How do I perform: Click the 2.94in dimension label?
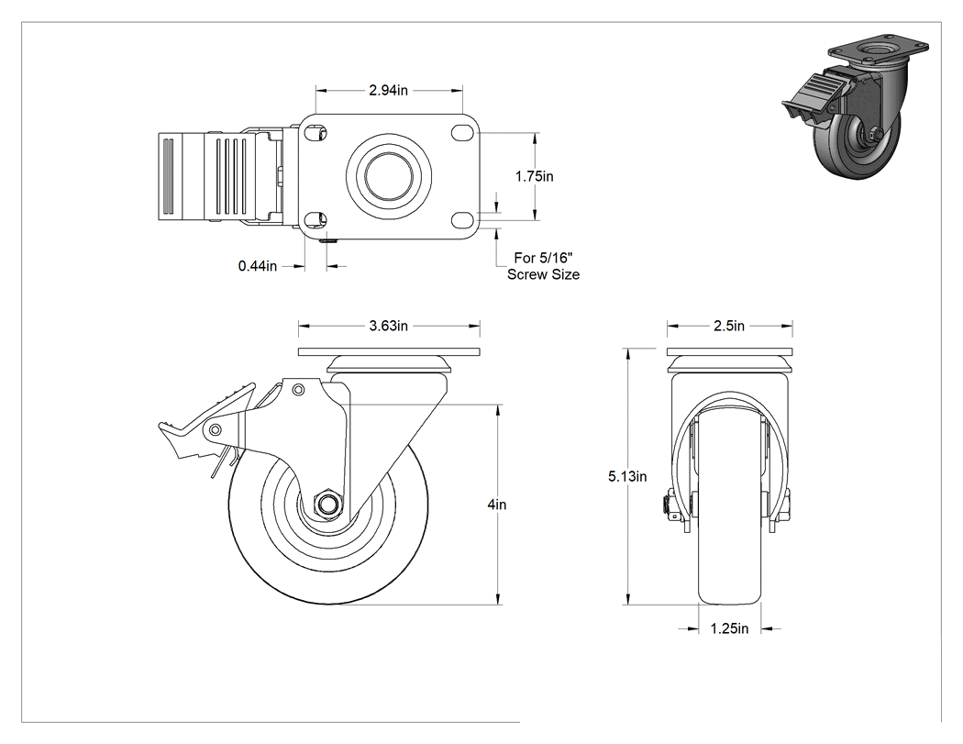(x=388, y=90)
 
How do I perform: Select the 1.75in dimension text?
(x=534, y=176)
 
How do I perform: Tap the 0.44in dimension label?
(x=258, y=266)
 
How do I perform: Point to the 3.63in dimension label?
(x=388, y=326)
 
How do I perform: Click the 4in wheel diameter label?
(x=497, y=505)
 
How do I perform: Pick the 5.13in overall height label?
(x=627, y=476)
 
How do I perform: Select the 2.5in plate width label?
(x=729, y=326)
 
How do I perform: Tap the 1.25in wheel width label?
(x=729, y=628)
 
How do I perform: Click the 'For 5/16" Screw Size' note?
(x=543, y=266)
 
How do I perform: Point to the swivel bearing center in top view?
(x=388, y=176)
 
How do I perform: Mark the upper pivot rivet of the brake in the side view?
(x=298, y=390)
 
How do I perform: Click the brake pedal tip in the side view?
(x=164, y=425)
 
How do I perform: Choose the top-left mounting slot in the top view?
(x=316, y=133)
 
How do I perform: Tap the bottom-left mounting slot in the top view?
(x=316, y=219)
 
